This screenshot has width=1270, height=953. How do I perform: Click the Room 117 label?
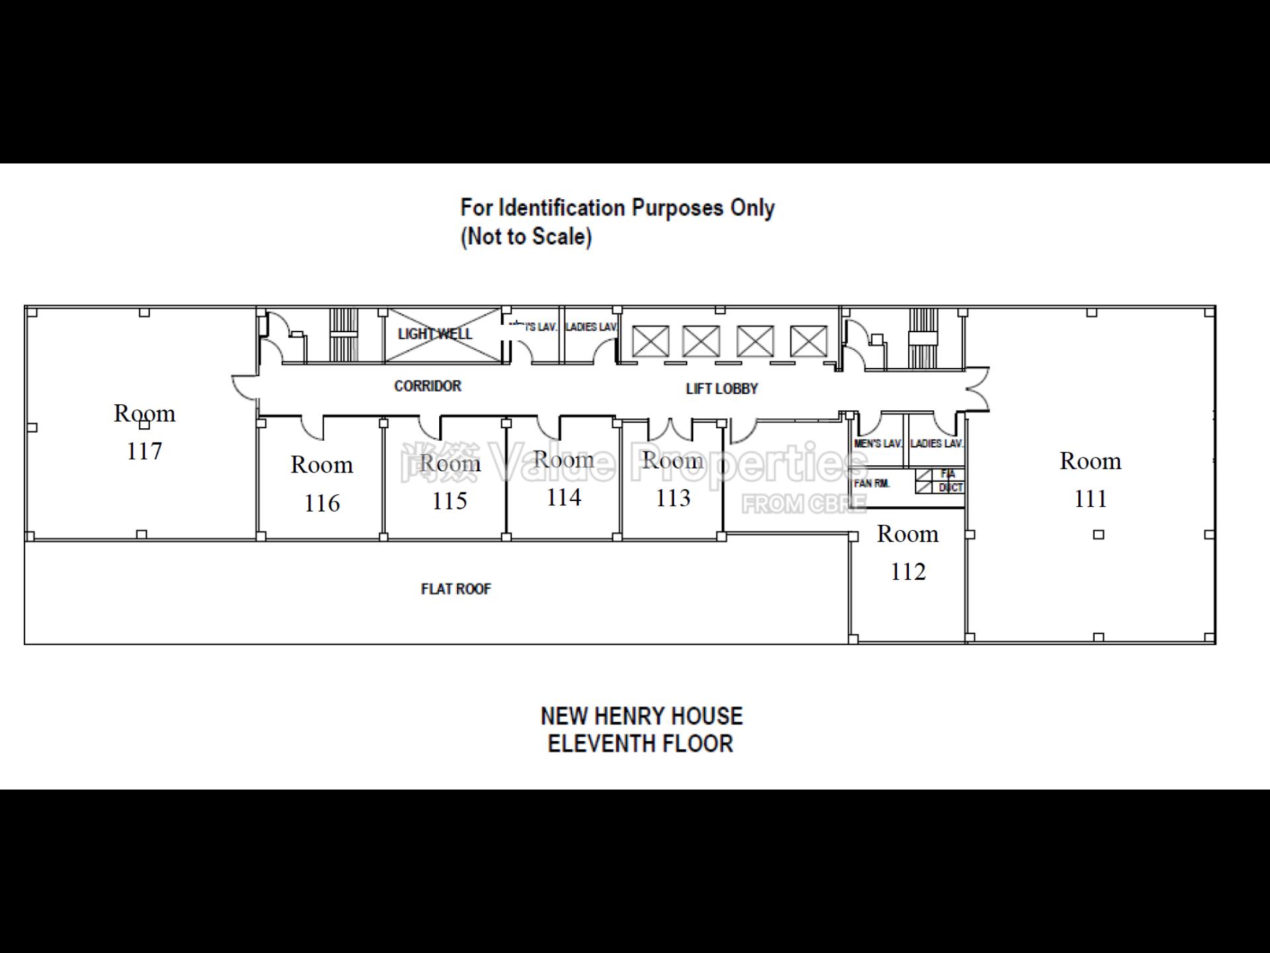[x=144, y=431]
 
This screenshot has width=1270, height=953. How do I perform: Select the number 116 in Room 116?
[x=322, y=504]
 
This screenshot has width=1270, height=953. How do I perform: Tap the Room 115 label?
[x=450, y=482]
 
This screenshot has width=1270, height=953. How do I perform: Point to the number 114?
[x=564, y=498]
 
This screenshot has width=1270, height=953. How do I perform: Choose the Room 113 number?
[x=673, y=498]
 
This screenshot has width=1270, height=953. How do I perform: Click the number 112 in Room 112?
[x=908, y=572]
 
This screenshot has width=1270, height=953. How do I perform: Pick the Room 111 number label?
[x=1090, y=498]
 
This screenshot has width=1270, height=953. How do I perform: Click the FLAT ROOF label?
[x=456, y=589]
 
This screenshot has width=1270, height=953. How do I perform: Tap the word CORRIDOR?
[x=427, y=386]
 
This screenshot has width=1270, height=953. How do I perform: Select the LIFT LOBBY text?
[x=722, y=388]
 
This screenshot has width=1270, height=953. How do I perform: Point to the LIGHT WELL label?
[x=435, y=334]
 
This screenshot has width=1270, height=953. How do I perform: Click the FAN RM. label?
[x=871, y=484]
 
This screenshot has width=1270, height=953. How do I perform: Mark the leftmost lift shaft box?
[x=650, y=341]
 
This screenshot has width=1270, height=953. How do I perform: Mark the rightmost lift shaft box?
[x=808, y=341]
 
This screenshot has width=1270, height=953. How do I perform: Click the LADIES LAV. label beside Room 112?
[x=937, y=443]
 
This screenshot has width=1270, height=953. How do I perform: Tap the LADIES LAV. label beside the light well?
[x=591, y=327]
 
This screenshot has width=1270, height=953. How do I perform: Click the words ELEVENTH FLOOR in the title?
[x=640, y=744]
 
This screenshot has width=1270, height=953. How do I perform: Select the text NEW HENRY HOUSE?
[x=642, y=716]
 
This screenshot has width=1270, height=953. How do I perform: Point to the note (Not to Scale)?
[x=526, y=236]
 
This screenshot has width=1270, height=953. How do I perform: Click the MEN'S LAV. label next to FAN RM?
[x=878, y=443]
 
